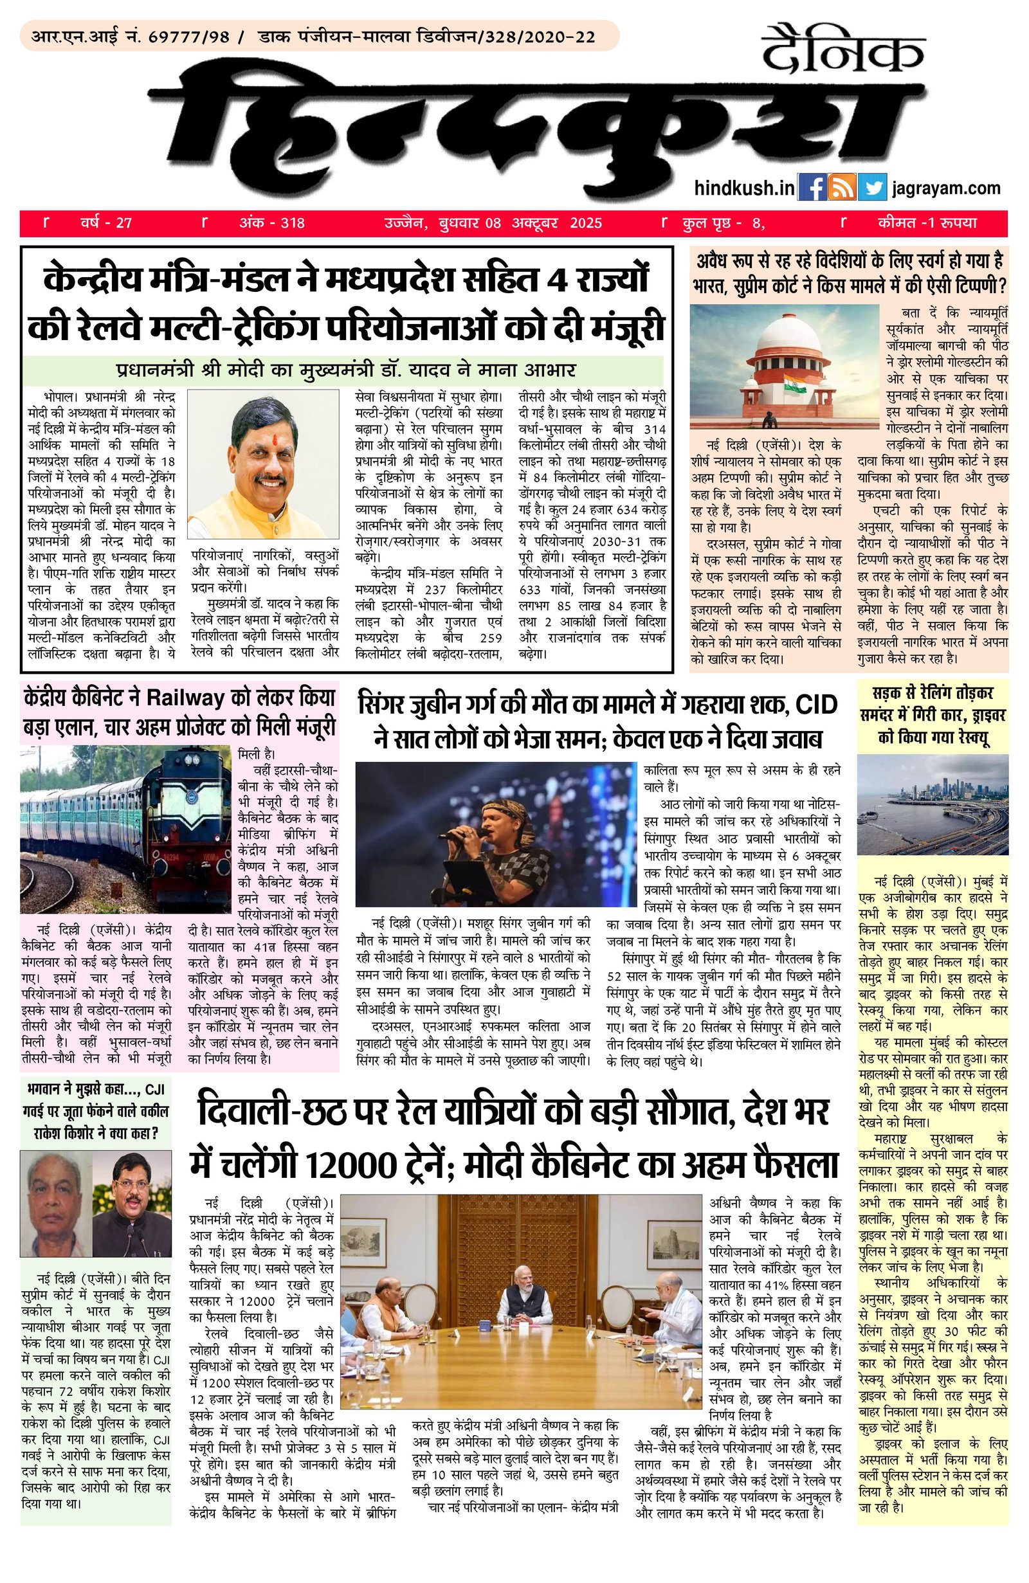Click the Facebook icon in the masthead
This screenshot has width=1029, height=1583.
812,187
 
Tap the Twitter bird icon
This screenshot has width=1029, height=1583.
871,187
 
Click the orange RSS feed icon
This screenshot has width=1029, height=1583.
841,187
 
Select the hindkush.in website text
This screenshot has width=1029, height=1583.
743,188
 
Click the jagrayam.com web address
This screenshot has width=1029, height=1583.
946,188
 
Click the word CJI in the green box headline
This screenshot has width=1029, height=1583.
154,1089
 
